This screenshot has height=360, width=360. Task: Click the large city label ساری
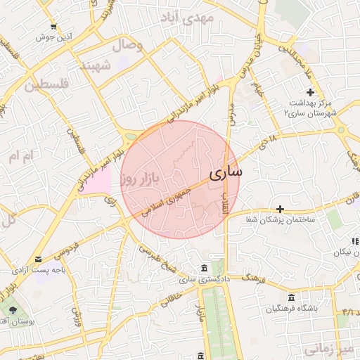pos(226,171)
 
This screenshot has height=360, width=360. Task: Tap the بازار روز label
pos(146,178)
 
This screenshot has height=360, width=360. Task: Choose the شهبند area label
pos(97,66)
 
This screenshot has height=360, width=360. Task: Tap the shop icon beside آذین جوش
pos(53,25)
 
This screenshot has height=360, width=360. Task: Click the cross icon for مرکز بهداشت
pos(310,93)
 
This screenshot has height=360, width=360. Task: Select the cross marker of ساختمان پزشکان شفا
pos(280,209)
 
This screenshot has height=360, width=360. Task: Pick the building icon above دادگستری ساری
pos(203,268)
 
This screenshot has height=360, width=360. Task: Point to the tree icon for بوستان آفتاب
pos(12,310)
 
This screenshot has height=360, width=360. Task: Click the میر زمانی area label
pos(332,349)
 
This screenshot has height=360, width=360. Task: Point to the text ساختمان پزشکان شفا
pos(281,221)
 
